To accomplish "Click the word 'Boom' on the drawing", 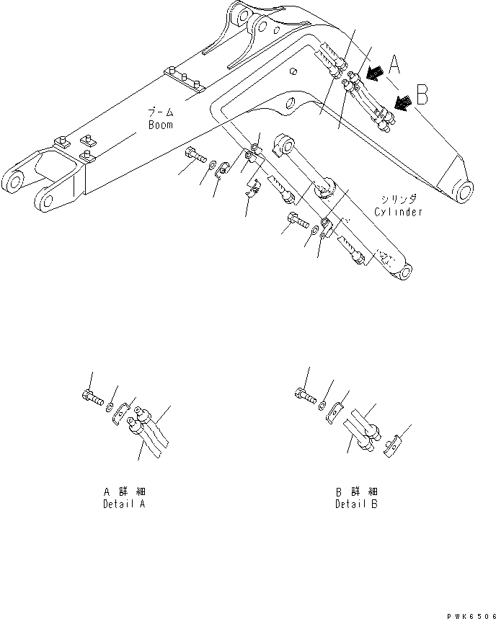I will [x=160, y=125].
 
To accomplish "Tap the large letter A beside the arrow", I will [x=394, y=67].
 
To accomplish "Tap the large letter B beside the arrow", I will [x=423, y=94].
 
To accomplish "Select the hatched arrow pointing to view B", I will [x=404, y=103].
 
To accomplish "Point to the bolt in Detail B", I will [x=305, y=393].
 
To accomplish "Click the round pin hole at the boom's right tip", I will [x=464, y=192].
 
